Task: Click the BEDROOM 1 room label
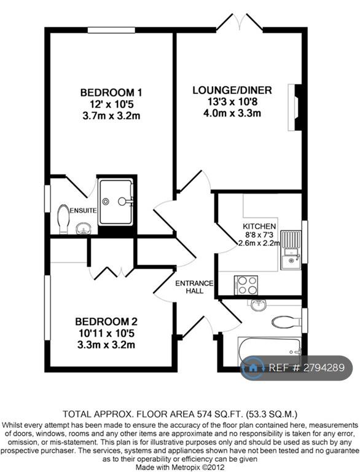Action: coord(111,92)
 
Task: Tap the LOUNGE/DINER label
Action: coord(232,90)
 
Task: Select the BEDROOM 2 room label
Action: coord(106,321)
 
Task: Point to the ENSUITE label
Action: coord(83,210)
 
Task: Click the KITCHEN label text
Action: coord(259,226)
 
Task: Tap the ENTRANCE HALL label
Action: coord(194,287)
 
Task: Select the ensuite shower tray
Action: coord(116,202)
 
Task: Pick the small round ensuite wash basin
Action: coord(82,229)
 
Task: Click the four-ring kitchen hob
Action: coord(246,285)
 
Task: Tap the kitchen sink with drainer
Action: coord(291,250)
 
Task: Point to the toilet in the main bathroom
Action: coord(286,322)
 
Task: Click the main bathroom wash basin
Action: coord(259,305)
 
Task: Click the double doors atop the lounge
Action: coord(240,22)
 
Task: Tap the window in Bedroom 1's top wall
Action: coord(111,29)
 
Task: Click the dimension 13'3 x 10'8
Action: coord(232,102)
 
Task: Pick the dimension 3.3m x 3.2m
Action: coord(106,344)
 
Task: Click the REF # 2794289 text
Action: coord(307,368)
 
